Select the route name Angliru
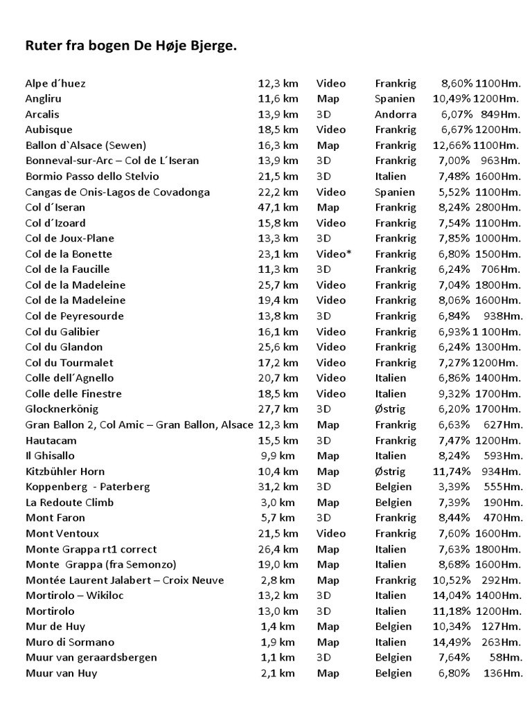tap(44, 99)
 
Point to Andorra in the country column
tap(396, 114)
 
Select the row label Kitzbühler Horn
tap(65, 472)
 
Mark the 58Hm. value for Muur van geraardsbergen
tap(507, 658)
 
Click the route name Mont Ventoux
tap(62, 534)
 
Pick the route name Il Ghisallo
tap(50, 456)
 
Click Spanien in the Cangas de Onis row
tap(395, 192)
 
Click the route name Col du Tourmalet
tap(69, 363)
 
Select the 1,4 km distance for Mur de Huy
tap(278, 627)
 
